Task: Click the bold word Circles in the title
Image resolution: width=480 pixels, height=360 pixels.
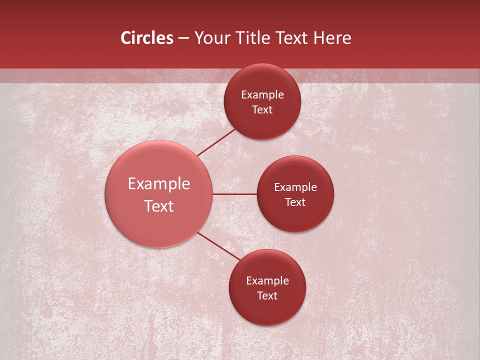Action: pos(147,38)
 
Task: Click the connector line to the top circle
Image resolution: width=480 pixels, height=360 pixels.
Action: pos(216,142)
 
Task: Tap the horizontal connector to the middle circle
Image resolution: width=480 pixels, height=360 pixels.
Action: pos(234,194)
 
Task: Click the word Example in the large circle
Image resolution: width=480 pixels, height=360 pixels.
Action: pos(159,184)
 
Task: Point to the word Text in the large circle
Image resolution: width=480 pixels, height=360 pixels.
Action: pos(159,206)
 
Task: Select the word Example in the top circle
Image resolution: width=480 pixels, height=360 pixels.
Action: pos(262,95)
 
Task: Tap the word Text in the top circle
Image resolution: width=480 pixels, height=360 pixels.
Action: pos(262,110)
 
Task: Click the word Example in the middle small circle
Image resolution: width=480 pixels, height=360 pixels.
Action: pos(295,187)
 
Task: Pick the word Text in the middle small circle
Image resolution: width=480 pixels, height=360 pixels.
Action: pos(295,202)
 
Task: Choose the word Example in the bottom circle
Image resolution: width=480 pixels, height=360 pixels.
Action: pos(267,281)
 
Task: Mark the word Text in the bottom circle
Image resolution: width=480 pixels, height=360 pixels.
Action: pos(267,296)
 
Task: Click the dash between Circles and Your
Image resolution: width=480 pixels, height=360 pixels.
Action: pos(183,38)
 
